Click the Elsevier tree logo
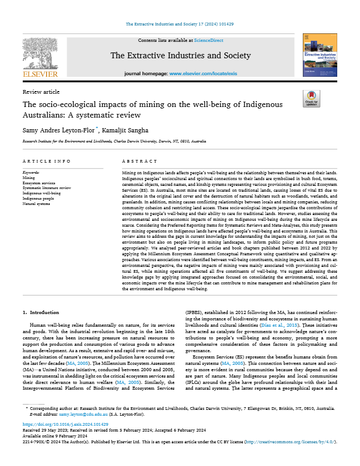(x=40, y=55)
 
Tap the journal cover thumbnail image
(x=319, y=55)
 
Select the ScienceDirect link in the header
(x=209, y=40)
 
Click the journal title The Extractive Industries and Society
(x=181, y=56)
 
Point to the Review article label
(x=41, y=92)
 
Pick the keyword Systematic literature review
(x=47, y=188)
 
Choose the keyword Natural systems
(x=36, y=203)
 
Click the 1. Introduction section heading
(x=44, y=312)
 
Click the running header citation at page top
(x=180, y=24)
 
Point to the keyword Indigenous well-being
(x=41, y=193)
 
